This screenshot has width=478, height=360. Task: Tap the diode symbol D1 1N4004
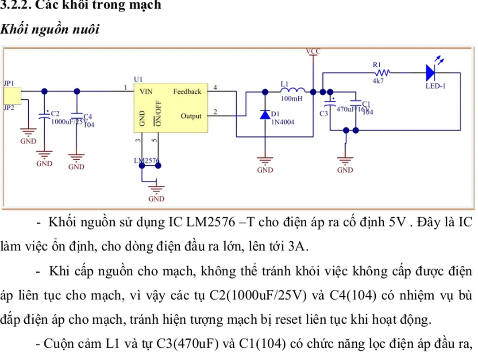[x=265, y=115]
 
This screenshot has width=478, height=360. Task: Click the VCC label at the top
[x=313, y=51]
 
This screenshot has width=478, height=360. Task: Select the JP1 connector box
[x=12, y=94]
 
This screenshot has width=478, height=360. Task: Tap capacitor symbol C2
[x=44, y=116]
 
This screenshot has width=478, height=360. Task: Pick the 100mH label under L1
[x=292, y=99]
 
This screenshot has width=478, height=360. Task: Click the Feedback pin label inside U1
[x=187, y=92]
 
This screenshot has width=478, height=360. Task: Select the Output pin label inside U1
[x=191, y=116]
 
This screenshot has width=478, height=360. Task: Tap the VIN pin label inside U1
[x=146, y=92]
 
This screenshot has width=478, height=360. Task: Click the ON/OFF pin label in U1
[x=158, y=113]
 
